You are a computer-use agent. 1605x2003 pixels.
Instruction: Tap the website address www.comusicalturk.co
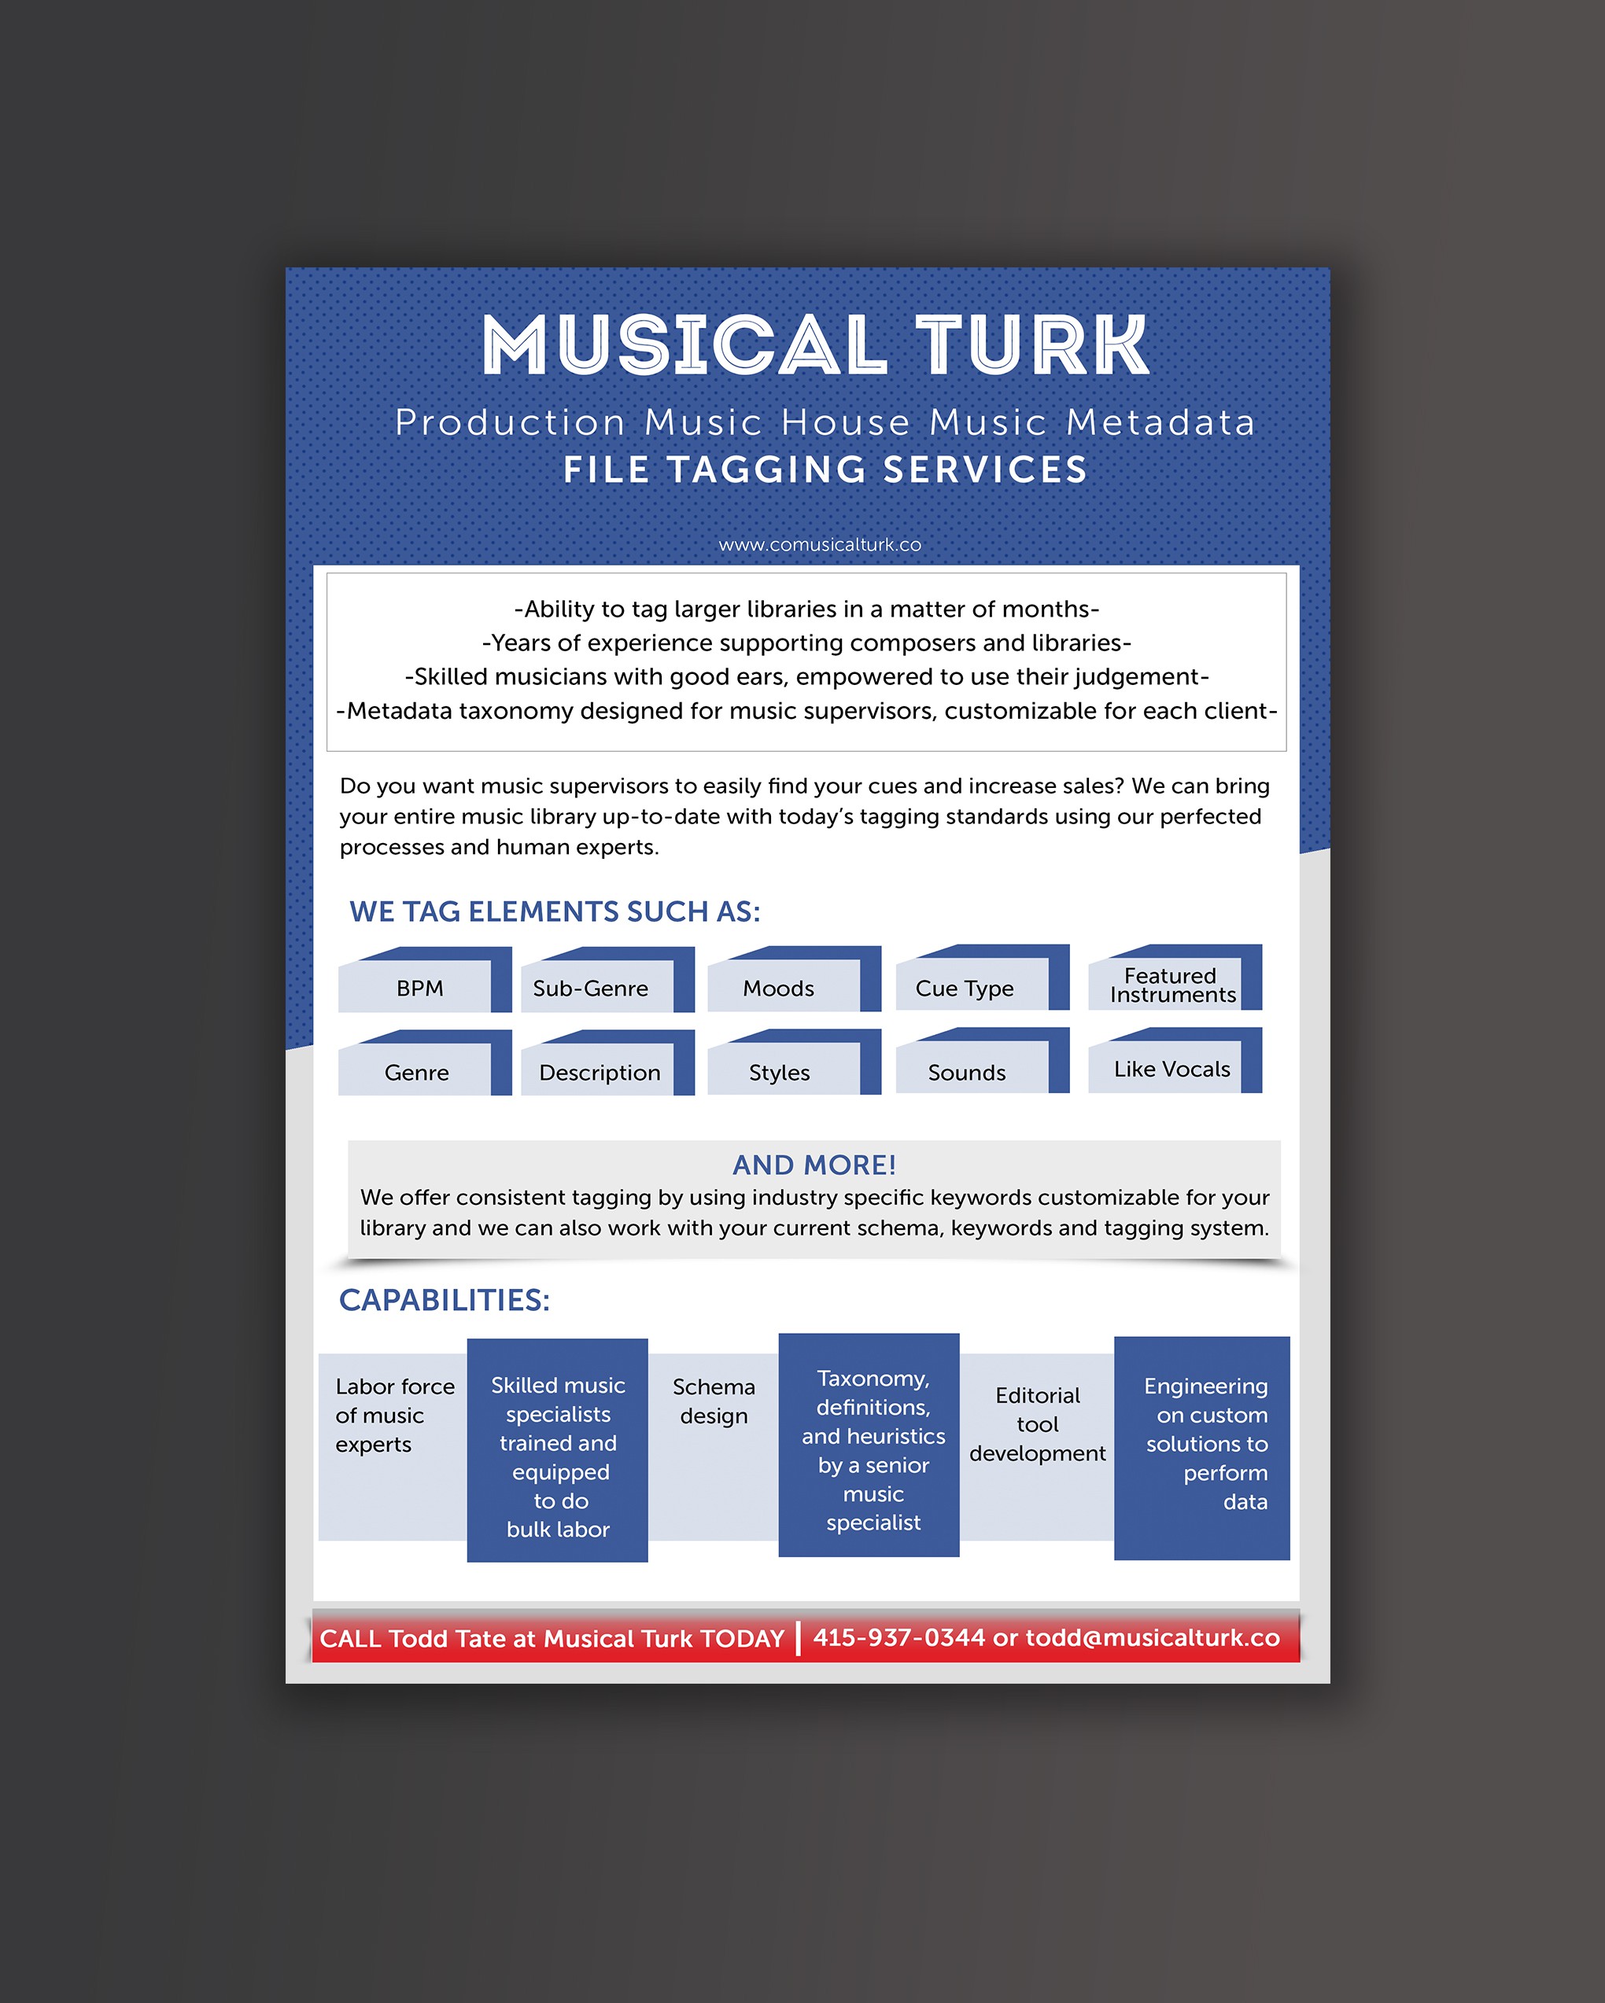[820, 544]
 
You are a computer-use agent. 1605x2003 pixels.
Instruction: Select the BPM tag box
[425, 979]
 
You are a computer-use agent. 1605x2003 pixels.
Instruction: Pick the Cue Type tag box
[983, 978]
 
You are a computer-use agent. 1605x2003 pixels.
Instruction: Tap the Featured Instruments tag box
[1175, 978]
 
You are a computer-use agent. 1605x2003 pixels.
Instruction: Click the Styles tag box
[795, 1062]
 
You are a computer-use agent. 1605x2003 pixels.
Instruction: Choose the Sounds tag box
[983, 1061]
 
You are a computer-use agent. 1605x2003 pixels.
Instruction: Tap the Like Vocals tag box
[1175, 1061]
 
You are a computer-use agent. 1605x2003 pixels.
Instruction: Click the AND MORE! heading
[814, 1165]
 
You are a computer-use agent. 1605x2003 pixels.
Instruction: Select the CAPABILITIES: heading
[445, 1300]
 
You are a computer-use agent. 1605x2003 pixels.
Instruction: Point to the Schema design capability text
[714, 1401]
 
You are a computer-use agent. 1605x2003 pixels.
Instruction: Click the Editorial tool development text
[1037, 1424]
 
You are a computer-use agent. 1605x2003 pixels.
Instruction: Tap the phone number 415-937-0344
[898, 1637]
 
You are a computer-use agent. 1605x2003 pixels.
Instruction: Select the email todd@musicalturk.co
[1153, 1638]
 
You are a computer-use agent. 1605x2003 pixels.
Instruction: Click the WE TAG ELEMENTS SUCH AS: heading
[555, 911]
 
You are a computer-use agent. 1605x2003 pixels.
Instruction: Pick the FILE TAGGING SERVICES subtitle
[825, 470]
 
